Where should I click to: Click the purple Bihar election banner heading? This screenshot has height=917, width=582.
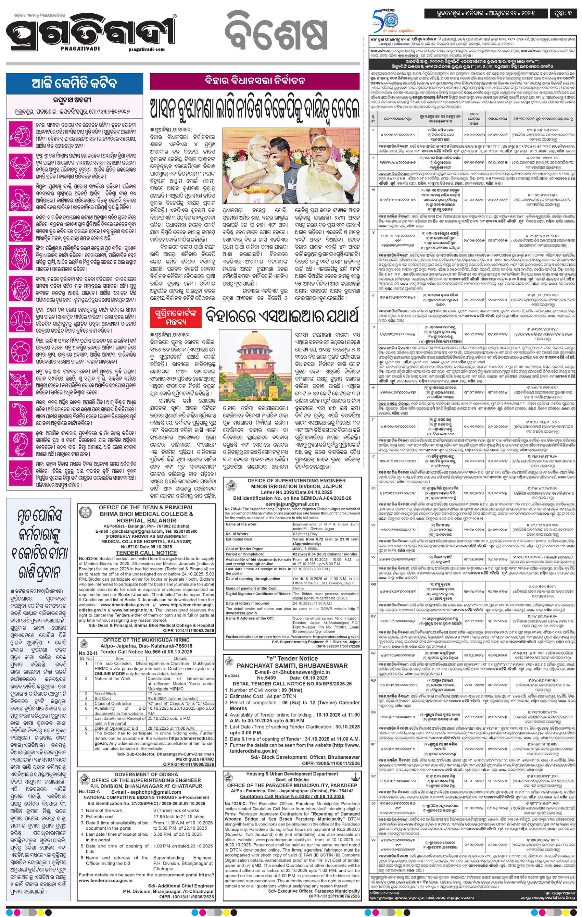click(255, 82)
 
